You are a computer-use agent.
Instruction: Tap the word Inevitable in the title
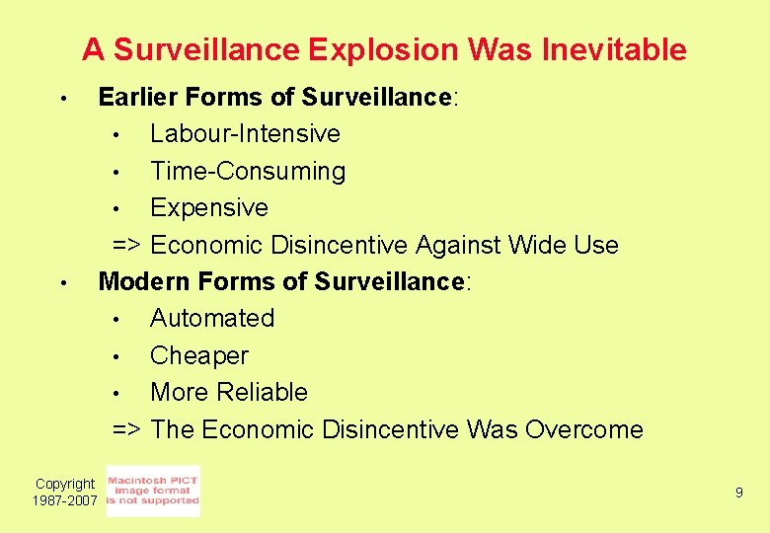click(x=614, y=49)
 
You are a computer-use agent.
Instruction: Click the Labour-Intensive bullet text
click(x=245, y=133)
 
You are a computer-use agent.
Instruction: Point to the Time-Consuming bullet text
click(x=248, y=171)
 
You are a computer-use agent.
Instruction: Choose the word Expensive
click(x=209, y=208)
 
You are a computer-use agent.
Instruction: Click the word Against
click(x=462, y=245)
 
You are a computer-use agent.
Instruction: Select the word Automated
click(x=212, y=319)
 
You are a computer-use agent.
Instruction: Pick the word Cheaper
click(x=199, y=355)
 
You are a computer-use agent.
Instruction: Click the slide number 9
click(x=738, y=492)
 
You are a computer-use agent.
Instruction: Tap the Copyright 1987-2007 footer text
click(x=65, y=493)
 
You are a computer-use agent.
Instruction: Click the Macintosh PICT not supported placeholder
click(x=152, y=491)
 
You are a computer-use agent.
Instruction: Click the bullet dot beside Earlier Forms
click(x=61, y=99)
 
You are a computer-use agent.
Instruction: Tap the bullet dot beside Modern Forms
click(x=61, y=283)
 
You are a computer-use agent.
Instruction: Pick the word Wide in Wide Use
click(x=537, y=245)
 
